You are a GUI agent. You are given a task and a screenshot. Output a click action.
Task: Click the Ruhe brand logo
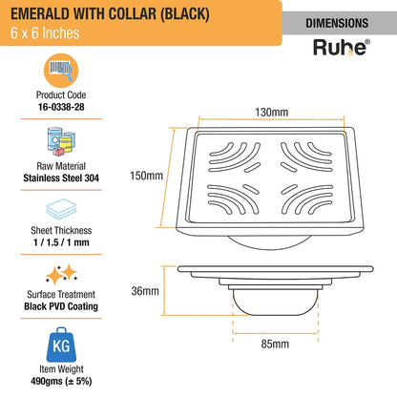coord(342,48)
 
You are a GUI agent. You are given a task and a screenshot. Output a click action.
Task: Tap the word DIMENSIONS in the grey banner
coord(337,23)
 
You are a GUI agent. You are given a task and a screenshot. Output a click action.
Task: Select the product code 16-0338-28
coord(61,107)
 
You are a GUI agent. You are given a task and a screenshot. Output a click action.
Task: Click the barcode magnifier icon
coord(61,71)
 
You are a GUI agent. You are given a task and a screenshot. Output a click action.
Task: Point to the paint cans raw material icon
coord(61,141)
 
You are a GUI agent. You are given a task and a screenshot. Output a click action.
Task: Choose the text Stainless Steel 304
coord(61,178)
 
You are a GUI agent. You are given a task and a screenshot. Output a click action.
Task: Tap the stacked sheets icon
coord(61,209)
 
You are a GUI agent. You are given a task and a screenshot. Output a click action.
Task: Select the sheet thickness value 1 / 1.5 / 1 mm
coord(61,242)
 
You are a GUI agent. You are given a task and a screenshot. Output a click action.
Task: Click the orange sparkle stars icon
coord(61,274)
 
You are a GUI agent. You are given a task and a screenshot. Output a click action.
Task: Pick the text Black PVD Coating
coord(61,306)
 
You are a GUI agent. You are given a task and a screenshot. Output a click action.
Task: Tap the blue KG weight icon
coord(61,345)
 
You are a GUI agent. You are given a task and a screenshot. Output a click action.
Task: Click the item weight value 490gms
coord(47,382)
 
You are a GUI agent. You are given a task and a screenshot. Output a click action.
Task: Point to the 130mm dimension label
coord(272,112)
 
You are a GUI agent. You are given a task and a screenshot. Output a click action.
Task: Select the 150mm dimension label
coord(146,176)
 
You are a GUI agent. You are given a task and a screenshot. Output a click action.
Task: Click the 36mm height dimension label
coord(145,291)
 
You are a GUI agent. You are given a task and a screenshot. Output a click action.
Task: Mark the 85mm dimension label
coord(275,344)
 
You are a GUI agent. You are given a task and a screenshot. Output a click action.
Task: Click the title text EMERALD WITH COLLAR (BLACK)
coord(110,14)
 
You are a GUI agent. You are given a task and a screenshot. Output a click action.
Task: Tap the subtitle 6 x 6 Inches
coord(45,33)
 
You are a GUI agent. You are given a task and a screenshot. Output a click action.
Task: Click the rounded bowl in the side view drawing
coord(275,303)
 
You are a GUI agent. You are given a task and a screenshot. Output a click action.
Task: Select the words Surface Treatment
coord(61,295)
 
